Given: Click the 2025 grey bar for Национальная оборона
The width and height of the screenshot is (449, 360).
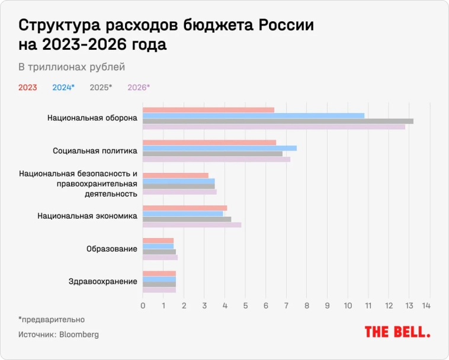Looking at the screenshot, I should (278, 121).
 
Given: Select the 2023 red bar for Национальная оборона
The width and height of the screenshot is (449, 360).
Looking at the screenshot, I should (209, 110).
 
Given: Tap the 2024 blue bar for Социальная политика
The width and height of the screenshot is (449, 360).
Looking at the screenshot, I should (220, 148).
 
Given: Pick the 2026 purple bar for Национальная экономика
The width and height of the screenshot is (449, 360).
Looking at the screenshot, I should (192, 224).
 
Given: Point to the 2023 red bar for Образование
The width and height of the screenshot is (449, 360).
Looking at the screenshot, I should (158, 240).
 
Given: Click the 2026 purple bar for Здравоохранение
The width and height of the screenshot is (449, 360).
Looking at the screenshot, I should (159, 290).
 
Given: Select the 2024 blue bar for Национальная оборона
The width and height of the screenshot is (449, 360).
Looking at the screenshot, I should (254, 115).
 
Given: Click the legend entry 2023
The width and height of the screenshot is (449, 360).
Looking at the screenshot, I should (27, 87).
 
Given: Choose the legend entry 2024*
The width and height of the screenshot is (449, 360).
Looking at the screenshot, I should (63, 87).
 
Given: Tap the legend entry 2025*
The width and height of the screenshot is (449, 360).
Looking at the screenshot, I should (101, 87).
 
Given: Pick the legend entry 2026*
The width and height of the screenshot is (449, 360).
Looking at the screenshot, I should (139, 87).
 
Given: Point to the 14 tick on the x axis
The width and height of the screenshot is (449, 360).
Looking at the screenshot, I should (426, 306).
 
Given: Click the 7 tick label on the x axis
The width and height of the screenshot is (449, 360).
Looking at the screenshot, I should (286, 306).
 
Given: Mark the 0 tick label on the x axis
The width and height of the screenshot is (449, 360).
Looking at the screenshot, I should (143, 306).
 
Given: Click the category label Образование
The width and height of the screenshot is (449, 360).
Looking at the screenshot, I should (112, 249).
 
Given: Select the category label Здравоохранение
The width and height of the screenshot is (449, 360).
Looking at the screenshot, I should (103, 281).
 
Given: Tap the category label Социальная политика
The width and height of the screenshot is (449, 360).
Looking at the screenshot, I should (95, 151).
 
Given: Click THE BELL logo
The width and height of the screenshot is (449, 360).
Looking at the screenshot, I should (397, 332).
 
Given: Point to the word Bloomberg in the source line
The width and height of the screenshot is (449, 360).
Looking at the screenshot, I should (79, 335).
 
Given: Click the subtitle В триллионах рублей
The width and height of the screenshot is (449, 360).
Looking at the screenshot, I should (72, 67).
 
